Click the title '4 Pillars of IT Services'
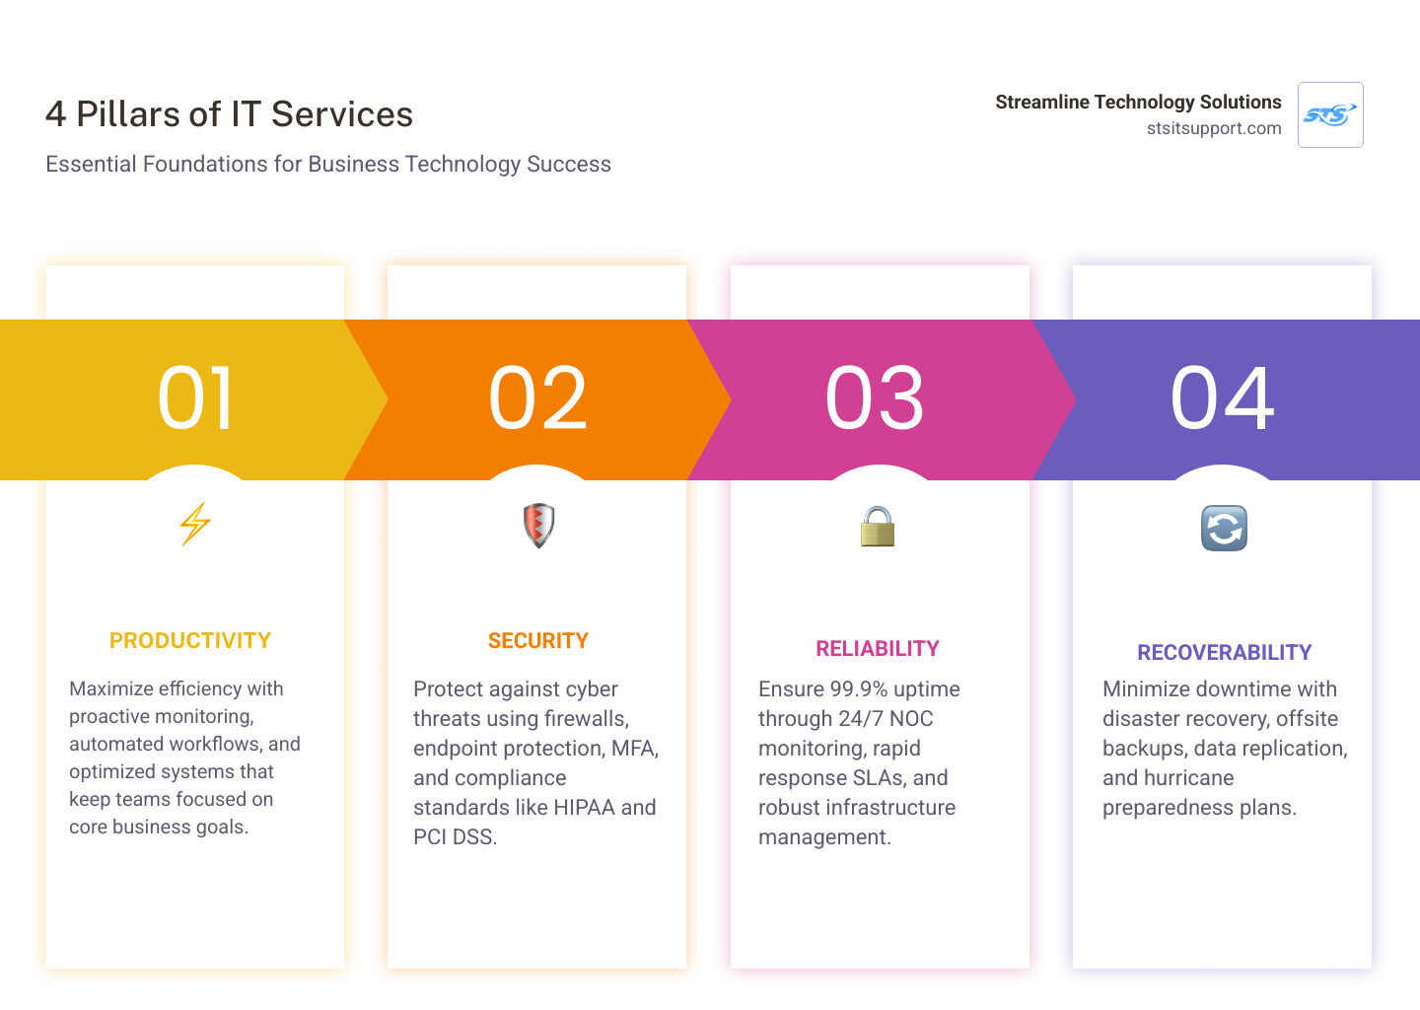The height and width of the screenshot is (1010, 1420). tap(229, 114)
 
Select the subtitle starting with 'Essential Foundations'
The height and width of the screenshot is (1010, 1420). tap(328, 164)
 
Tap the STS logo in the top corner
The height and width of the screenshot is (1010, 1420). tap(1330, 115)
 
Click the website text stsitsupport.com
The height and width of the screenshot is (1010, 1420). tap(1213, 128)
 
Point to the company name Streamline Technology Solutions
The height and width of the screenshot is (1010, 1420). tap(1138, 102)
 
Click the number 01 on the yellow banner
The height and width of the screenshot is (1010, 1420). tap(196, 398)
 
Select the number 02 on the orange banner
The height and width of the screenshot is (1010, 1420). tap(538, 398)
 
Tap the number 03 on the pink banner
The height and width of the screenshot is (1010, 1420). tap(875, 398)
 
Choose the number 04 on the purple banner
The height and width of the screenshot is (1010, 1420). tap(1222, 398)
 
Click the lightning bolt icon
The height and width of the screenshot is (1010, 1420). tap(195, 524)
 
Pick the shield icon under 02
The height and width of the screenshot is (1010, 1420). tap(538, 526)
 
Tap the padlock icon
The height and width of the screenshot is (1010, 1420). tap(877, 527)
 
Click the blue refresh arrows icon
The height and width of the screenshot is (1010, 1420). tap(1224, 528)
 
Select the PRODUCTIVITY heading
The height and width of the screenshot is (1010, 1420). tap(190, 641)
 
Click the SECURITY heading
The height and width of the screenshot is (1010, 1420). tap(538, 641)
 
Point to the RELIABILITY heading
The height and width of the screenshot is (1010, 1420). tap(878, 649)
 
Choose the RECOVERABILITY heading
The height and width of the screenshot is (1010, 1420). tap(1224, 653)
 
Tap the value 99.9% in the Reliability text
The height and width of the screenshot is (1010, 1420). tap(859, 689)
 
